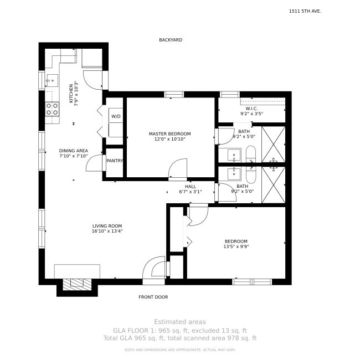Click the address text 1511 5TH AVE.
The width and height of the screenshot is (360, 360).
coord(305,11)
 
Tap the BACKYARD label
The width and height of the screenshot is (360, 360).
coord(171,40)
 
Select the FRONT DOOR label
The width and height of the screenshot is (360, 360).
coord(153,297)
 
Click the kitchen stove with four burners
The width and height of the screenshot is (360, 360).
coord(52,109)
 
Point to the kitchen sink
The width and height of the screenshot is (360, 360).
coord(53,80)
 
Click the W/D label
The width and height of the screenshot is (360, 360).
coord(116,116)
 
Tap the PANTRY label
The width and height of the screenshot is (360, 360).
coord(115,161)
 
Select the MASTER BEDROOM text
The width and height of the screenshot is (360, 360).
coord(169,134)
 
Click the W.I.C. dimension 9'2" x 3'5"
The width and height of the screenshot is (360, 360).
coord(251,114)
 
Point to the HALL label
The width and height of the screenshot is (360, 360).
coord(191,187)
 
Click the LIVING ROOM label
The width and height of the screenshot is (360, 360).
coord(107,226)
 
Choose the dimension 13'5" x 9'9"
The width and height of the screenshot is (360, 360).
coord(236,247)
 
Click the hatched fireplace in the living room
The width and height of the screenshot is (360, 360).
coord(77,285)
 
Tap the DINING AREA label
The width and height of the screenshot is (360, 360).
coord(74,151)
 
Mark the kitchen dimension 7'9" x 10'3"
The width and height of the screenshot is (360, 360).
coord(76,94)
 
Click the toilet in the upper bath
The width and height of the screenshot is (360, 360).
coord(251,154)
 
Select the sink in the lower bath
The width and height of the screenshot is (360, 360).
coord(234,173)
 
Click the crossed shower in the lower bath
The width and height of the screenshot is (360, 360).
coord(274,185)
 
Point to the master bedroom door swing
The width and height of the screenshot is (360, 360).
coord(178,168)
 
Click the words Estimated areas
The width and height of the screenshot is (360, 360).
coord(180,322)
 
